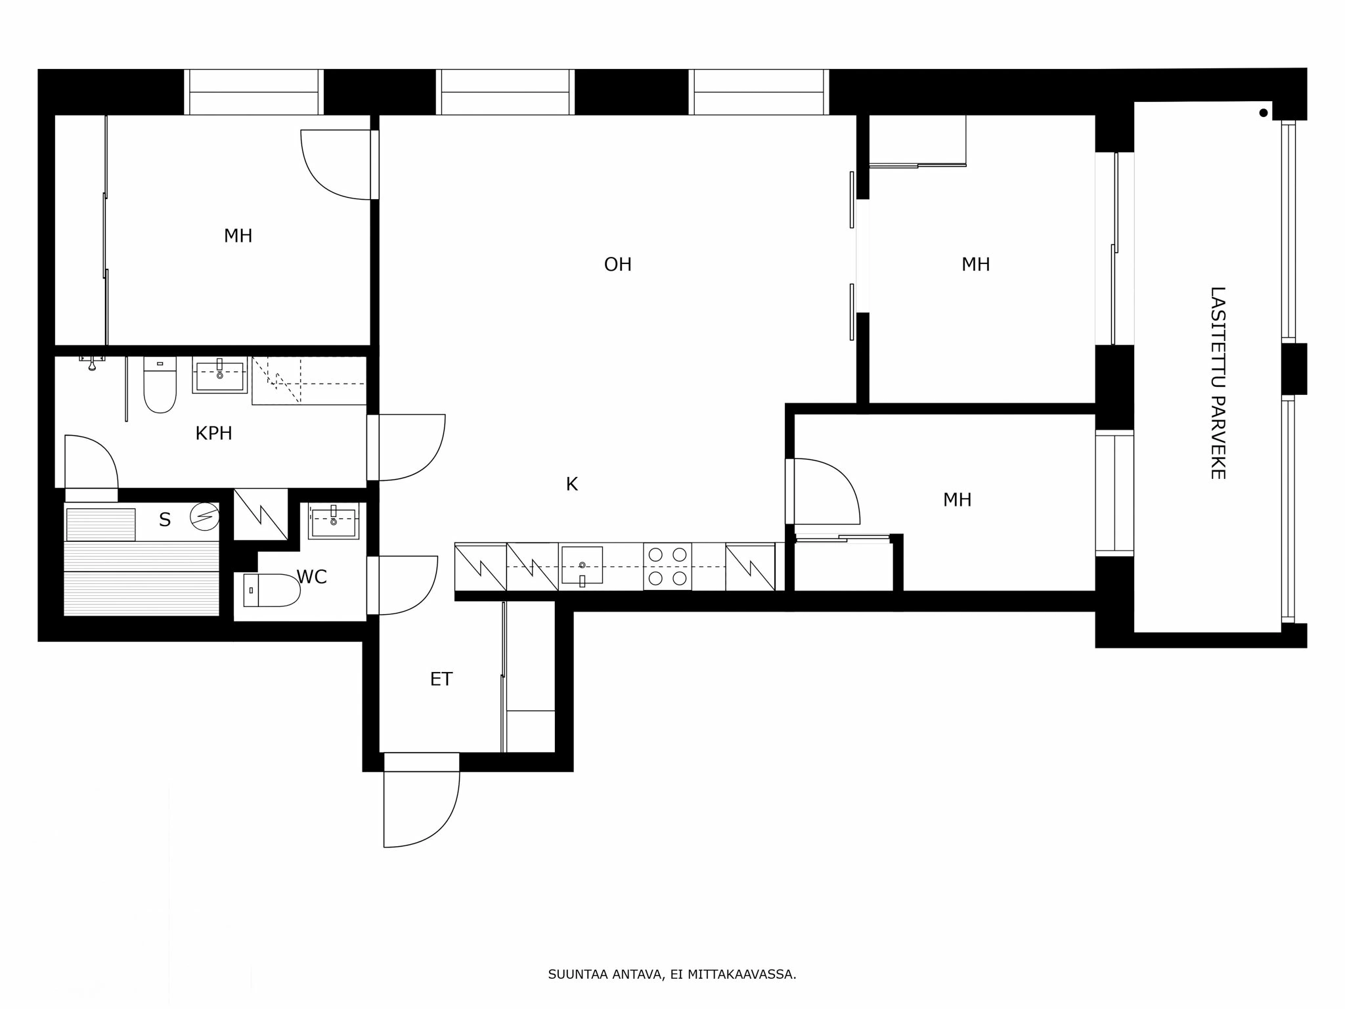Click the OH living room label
pos(617,265)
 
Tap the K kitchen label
pos(571,485)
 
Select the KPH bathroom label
pos(213,434)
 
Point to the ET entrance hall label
pos(441,679)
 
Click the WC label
pos(311,577)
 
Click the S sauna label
pos(164,520)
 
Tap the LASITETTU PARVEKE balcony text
pos(1218,382)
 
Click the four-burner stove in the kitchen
pos(667,566)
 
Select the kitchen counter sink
pos(582,566)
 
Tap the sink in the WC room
pos(334,522)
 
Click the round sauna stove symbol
pos(204,517)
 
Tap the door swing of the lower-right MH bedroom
pos(826,491)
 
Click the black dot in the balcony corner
pos(1263,113)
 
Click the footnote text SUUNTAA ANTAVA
pos(671,975)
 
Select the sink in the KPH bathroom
pos(219,376)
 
